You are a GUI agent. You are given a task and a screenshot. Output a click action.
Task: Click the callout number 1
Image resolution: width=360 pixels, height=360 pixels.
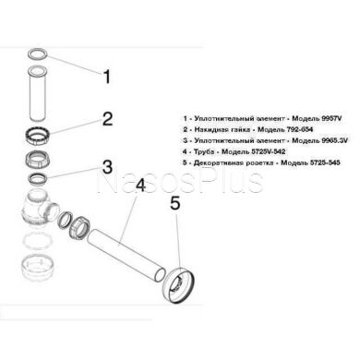[106, 78]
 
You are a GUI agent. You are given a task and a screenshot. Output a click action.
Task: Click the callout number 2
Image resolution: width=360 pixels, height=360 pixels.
[106, 119]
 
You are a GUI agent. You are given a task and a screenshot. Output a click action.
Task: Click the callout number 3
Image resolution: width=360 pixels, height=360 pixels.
[107, 167]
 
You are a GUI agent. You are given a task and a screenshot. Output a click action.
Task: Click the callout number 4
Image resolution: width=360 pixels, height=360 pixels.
[140, 186]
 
